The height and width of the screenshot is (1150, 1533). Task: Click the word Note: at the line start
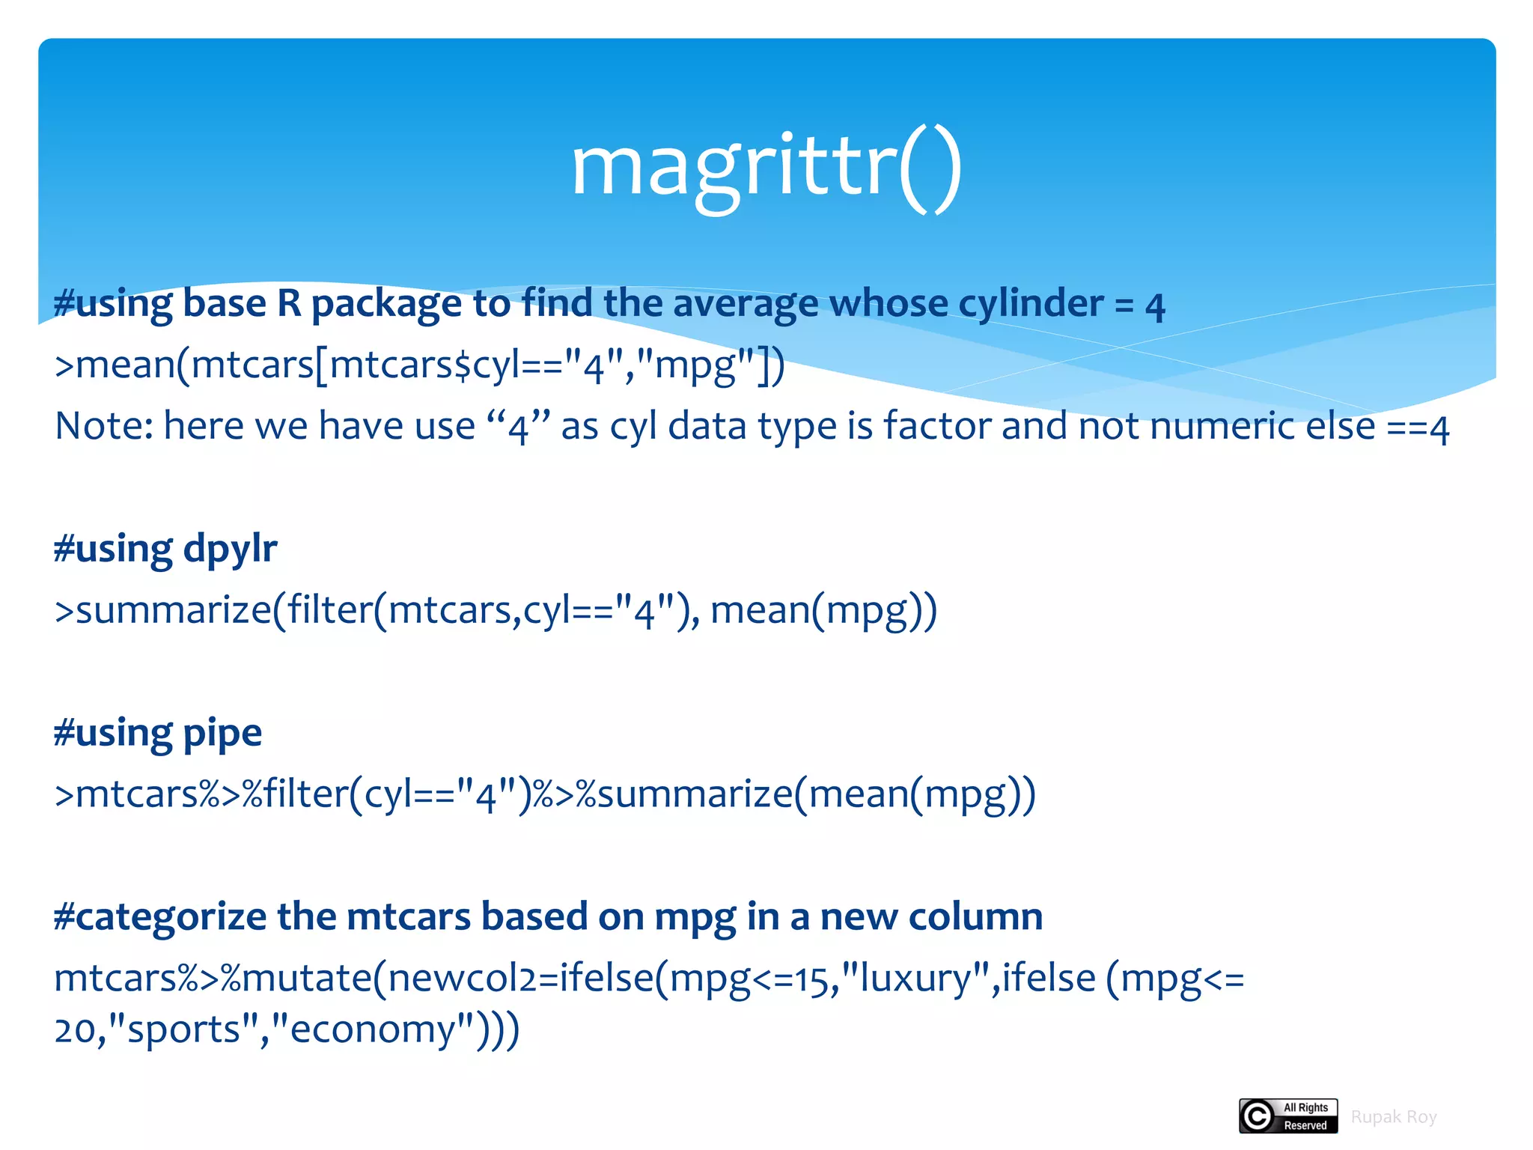pos(104,426)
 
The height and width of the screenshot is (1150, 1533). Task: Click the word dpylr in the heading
pos(230,550)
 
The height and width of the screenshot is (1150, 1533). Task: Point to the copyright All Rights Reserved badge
pos(1288,1116)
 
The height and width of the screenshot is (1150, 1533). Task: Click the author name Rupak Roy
pos(1393,1117)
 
